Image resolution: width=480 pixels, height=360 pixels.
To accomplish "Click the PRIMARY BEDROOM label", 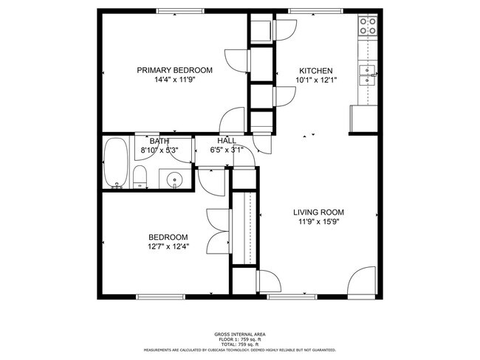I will pyautogui.click(x=174, y=70).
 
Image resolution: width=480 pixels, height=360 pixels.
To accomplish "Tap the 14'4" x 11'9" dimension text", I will pyautogui.click(x=174, y=80).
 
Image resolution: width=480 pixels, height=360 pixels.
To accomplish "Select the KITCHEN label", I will pyautogui.click(x=315, y=70).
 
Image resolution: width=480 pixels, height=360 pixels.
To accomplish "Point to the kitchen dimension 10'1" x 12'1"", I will pyautogui.click(x=315, y=80).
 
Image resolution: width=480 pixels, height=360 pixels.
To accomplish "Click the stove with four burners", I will pyautogui.click(x=368, y=27).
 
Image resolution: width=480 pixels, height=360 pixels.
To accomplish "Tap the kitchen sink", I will pyautogui.click(x=367, y=71).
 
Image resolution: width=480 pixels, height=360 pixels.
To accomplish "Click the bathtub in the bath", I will pyautogui.click(x=115, y=162).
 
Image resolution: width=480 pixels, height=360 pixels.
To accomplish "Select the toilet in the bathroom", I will pyautogui.click(x=140, y=177).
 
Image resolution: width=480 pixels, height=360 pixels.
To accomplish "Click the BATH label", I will pyautogui.click(x=160, y=141).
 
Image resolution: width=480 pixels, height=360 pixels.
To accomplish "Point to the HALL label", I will pyautogui.click(x=227, y=141).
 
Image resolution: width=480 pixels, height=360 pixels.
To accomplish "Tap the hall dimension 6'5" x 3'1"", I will pyautogui.click(x=227, y=150).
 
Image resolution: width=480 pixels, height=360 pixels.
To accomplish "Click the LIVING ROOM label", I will pyautogui.click(x=321, y=212).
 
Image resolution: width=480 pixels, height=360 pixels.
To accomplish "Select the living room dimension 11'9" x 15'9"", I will pyautogui.click(x=321, y=223).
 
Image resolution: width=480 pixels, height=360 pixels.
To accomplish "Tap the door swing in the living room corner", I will pyautogui.click(x=362, y=284).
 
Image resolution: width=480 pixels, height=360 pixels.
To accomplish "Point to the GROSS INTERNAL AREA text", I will pyautogui.click(x=240, y=333).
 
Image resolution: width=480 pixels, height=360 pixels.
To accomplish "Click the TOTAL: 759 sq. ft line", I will pyautogui.click(x=240, y=344).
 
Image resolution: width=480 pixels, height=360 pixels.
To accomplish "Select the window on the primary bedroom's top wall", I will pyautogui.click(x=182, y=11).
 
